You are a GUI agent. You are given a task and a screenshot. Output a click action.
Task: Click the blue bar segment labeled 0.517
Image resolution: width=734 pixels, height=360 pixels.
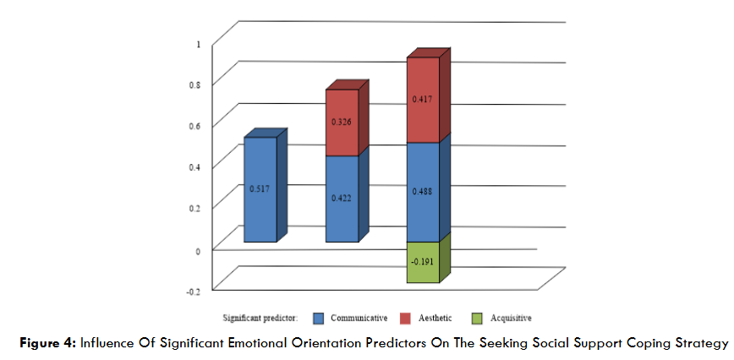click(x=260, y=189)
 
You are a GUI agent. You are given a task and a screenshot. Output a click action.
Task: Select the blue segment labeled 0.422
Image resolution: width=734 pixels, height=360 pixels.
click(x=342, y=199)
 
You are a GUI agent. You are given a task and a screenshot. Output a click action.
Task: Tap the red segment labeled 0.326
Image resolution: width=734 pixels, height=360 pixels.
click(x=342, y=123)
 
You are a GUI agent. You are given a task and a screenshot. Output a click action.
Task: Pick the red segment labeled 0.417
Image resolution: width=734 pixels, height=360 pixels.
click(x=424, y=100)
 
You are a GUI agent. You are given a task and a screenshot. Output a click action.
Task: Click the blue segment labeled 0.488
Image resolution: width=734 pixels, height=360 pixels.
click(x=424, y=192)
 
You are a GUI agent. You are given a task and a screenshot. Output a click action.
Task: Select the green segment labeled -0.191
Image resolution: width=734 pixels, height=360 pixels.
click(x=424, y=262)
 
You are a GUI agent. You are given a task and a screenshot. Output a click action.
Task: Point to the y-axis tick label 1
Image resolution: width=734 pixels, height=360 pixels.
click(x=198, y=44)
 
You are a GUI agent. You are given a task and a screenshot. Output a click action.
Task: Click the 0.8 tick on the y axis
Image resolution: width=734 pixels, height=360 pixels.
click(x=195, y=85)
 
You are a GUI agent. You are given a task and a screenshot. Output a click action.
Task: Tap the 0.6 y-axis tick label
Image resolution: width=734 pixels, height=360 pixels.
click(x=195, y=126)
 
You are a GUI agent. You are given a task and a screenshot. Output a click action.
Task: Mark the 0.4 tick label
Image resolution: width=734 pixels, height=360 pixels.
click(x=195, y=166)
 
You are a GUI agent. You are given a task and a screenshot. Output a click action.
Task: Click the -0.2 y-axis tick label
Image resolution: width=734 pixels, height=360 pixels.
click(x=194, y=291)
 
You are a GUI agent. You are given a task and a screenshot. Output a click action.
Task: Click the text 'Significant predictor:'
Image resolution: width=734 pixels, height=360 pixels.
click(x=260, y=318)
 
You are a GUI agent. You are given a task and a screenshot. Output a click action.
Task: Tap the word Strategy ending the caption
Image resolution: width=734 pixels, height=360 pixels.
click(x=702, y=343)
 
